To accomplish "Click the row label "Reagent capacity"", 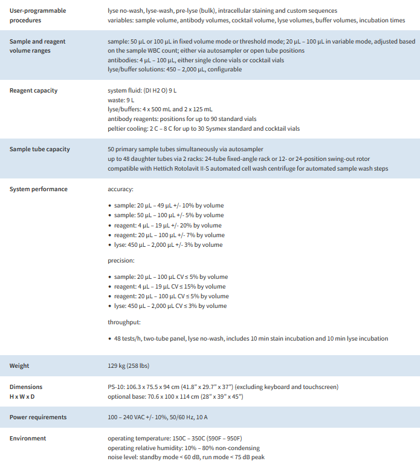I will (34, 91).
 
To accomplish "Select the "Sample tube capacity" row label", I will (40, 149).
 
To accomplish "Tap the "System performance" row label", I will (39, 189).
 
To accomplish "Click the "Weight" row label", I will (19, 366).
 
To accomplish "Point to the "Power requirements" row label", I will (38, 417).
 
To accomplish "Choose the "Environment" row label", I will (28, 438).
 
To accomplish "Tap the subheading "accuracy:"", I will (120, 189).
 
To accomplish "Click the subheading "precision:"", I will (121, 261).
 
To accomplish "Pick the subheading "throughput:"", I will (124, 322).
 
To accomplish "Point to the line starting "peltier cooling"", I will (203, 129).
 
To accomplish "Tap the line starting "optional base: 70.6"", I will (175, 396).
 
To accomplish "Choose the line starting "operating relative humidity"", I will (184, 448).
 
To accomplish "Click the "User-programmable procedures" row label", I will (37, 16).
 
